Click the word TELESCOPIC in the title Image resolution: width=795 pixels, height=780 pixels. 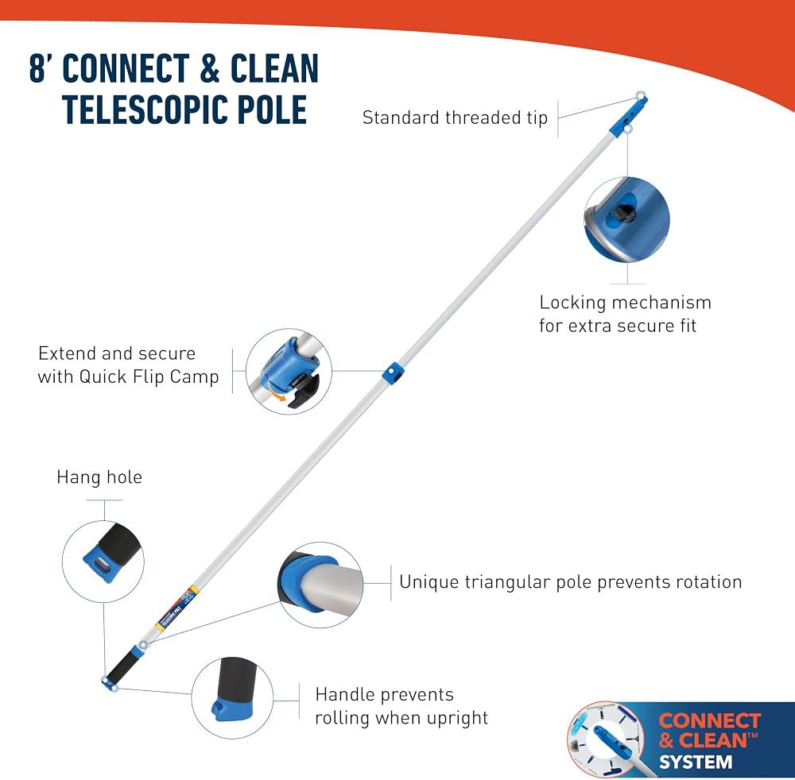(145, 110)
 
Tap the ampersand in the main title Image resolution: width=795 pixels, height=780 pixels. (210, 68)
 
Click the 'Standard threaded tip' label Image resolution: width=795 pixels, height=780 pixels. (455, 118)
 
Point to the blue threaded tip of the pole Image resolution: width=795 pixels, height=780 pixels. (629, 116)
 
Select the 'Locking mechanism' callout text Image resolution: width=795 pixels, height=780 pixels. (625, 303)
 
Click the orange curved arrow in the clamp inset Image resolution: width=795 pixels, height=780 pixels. (277, 395)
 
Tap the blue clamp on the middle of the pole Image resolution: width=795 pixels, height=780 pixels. (393, 373)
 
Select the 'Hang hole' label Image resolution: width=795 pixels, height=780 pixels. (99, 477)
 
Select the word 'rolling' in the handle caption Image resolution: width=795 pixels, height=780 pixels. (342, 718)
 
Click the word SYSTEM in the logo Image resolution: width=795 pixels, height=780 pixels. (696, 762)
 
